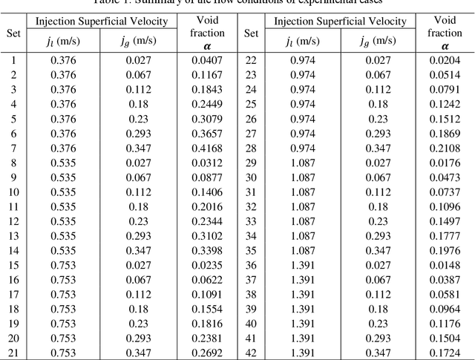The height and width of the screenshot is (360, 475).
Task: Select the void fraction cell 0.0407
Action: [x=207, y=59]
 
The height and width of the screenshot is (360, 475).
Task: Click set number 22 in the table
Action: [x=251, y=59]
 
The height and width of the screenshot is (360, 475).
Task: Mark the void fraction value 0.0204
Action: [x=445, y=59]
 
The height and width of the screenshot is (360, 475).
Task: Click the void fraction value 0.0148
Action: [x=445, y=264]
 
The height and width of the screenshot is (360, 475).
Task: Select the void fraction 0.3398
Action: [x=207, y=250]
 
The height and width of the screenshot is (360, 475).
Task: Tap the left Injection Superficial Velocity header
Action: [x=102, y=22]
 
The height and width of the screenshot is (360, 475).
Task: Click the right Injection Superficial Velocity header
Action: [x=340, y=22]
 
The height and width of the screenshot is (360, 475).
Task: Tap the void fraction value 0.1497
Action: [x=445, y=221]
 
